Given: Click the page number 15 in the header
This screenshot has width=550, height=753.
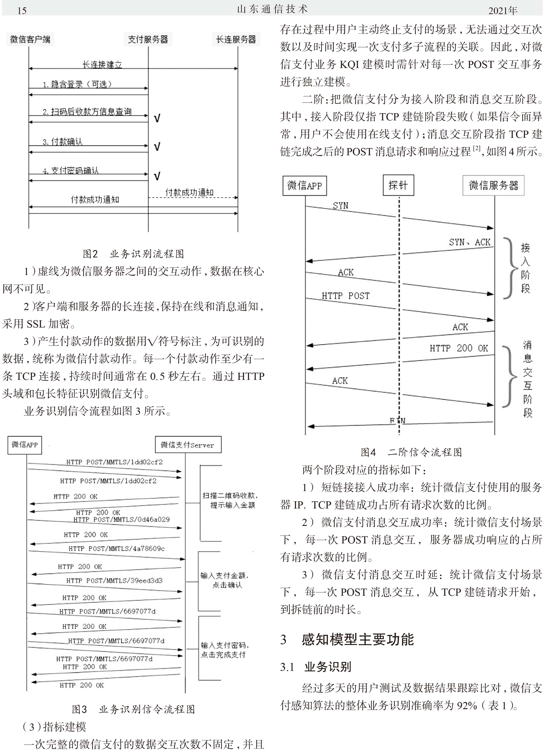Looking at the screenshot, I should [22, 11].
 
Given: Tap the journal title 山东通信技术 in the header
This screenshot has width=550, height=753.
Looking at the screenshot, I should [272, 9].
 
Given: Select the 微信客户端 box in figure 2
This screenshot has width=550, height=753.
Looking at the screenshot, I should [30, 39].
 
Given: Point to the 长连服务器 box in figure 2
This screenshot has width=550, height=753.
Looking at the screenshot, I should [236, 39].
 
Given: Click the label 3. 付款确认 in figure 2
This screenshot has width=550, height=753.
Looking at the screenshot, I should [62, 142].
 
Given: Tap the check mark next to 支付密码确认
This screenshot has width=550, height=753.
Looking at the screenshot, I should [157, 176].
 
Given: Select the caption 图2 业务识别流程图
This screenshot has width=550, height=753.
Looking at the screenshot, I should [133, 254].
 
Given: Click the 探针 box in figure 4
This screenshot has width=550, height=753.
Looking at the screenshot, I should [398, 185].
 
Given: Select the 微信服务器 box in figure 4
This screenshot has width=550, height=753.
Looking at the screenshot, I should [493, 185].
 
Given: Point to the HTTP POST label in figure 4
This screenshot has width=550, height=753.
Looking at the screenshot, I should [345, 296].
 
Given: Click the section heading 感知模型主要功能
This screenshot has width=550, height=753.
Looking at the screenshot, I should [358, 639].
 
